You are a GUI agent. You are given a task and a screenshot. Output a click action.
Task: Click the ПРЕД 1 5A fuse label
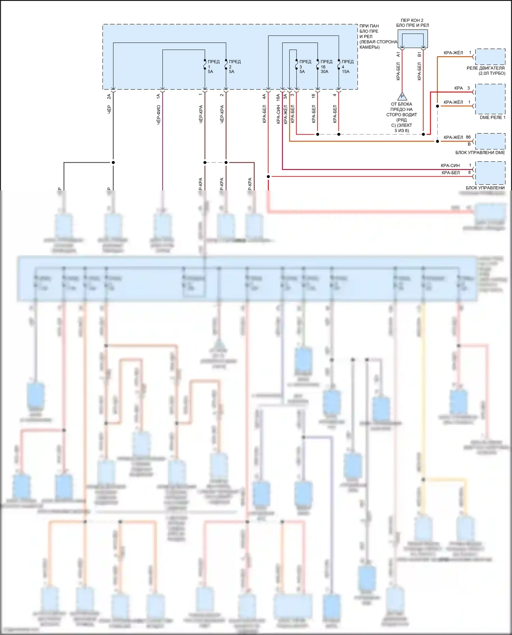(213, 67)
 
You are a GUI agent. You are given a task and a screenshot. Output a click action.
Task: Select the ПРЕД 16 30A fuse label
(326, 67)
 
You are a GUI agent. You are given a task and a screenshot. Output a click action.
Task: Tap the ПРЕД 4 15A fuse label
(347, 67)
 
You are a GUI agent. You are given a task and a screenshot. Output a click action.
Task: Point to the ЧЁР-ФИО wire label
(159, 115)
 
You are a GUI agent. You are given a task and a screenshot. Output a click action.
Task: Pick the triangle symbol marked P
(402, 97)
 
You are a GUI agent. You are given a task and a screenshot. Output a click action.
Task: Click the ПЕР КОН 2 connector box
(412, 39)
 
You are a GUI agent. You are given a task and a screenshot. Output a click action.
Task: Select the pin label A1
(398, 54)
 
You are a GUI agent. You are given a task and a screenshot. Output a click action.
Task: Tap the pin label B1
(419, 54)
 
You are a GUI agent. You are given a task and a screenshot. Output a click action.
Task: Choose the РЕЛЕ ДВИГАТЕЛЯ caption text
(485, 68)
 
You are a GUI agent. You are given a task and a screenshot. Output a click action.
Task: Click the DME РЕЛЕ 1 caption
(492, 117)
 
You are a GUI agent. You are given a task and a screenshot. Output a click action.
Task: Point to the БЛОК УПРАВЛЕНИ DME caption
(480, 153)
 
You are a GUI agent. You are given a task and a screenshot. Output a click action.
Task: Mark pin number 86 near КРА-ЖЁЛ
(468, 137)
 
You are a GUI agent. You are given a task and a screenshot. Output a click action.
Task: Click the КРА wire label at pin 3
(458, 88)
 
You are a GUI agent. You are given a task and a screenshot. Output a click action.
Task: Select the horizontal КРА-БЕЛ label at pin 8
(451, 173)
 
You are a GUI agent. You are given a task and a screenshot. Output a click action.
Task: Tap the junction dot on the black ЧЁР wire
(113, 162)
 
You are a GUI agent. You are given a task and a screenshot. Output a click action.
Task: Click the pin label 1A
(158, 97)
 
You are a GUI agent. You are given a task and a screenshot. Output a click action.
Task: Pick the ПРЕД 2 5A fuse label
(234, 67)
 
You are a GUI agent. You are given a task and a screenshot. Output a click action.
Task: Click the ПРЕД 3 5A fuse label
(305, 67)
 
